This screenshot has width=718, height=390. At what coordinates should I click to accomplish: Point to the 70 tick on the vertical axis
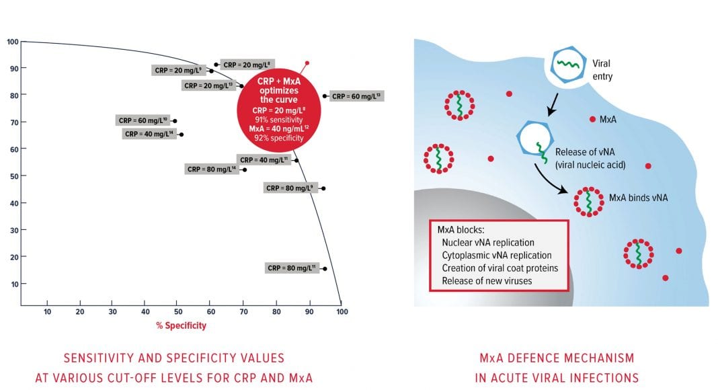point(13,122)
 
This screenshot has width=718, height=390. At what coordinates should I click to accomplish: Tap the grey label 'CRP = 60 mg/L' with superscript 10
point(143,121)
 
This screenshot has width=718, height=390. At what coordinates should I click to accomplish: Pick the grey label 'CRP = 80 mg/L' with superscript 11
point(291,268)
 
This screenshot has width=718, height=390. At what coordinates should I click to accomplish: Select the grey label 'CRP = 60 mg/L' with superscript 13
point(356,96)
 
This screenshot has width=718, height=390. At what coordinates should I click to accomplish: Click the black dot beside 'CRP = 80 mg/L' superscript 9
point(323,188)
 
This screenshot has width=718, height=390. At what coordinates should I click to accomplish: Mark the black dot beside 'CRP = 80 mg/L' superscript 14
point(245,169)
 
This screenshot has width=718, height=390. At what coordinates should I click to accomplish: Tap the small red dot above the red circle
point(307,63)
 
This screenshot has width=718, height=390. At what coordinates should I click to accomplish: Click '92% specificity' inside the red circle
point(279,137)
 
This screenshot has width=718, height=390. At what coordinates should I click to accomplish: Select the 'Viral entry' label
point(602,70)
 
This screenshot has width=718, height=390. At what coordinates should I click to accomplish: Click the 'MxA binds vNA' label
point(638,198)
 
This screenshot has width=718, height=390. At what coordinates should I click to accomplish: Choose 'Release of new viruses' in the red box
point(487,280)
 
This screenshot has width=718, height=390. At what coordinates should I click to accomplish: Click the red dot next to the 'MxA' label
point(592,120)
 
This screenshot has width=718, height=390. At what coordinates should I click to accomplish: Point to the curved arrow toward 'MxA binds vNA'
point(548,178)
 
